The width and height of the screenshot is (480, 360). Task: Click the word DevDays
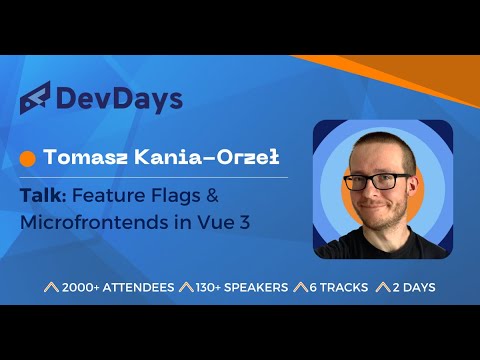pyautogui.click(x=119, y=99)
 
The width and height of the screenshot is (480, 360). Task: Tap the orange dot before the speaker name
pyautogui.click(x=28, y=158)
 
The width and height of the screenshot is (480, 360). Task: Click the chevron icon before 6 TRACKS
pyautogui.click(x=297, y=287)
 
